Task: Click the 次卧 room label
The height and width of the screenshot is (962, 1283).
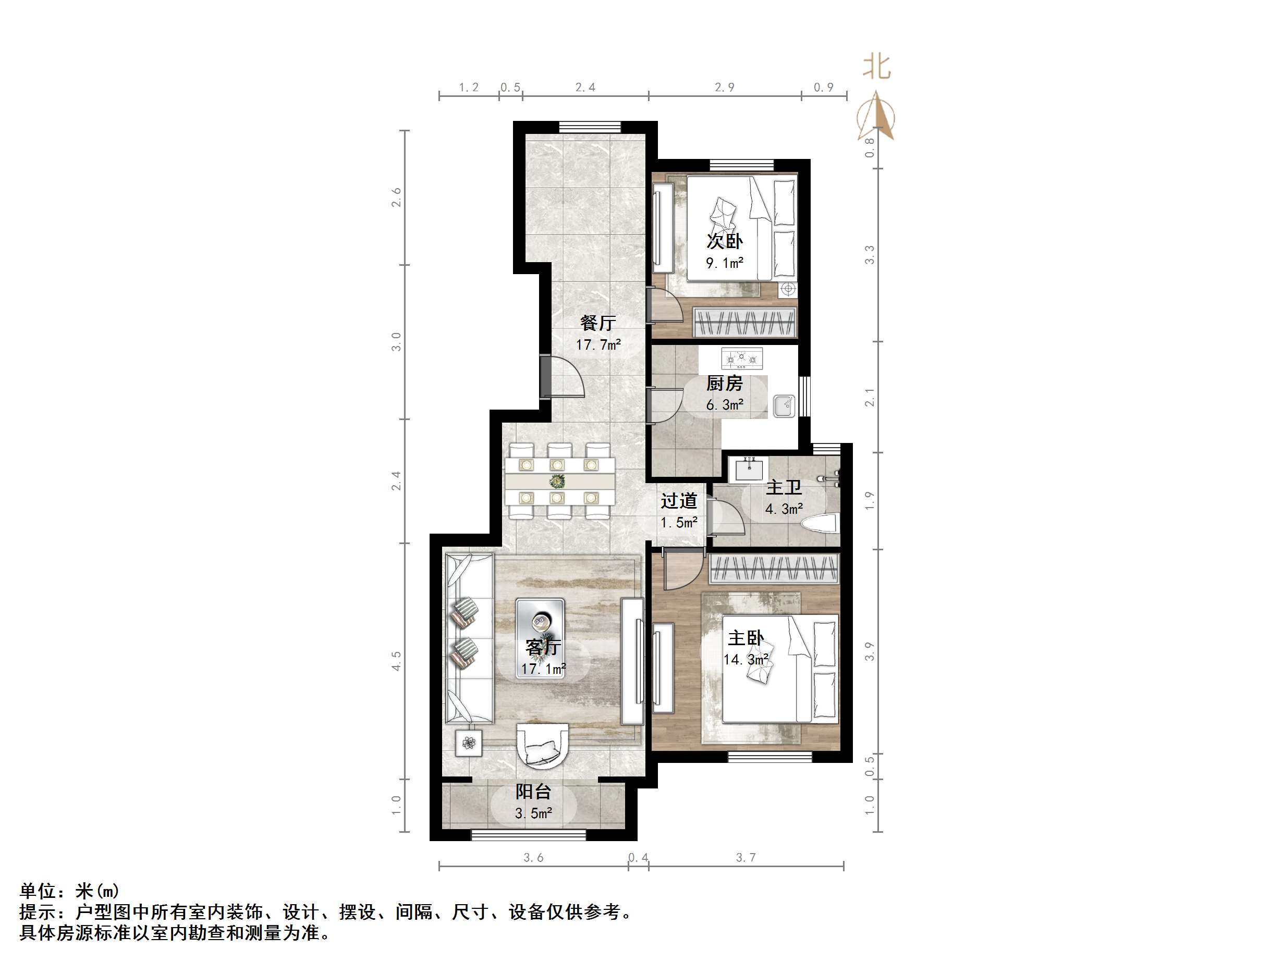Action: click(x=724, y=241)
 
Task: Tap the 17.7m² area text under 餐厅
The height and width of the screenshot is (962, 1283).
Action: click(x=598, y=345)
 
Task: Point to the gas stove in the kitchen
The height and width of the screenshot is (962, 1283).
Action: click(x=741, y=359)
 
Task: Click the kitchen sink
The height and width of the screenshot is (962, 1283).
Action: click(x=784, y=405)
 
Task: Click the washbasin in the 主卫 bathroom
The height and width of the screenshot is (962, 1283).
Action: click(x=752, y=468)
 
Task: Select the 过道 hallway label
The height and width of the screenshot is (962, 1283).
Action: click(x=679, y=500)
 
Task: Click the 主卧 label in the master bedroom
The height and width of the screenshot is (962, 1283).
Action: click(x=746, y=638)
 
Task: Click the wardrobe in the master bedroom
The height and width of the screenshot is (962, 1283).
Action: click(x=774, y=568)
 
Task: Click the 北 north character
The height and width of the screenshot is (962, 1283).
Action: click(x=876, y=67)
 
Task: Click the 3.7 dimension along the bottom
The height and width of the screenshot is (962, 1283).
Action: click(x=746, y=857)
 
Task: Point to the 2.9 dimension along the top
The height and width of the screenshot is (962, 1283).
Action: click(x=725, y=88)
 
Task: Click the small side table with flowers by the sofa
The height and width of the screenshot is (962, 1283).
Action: click(x=469, y=742)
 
